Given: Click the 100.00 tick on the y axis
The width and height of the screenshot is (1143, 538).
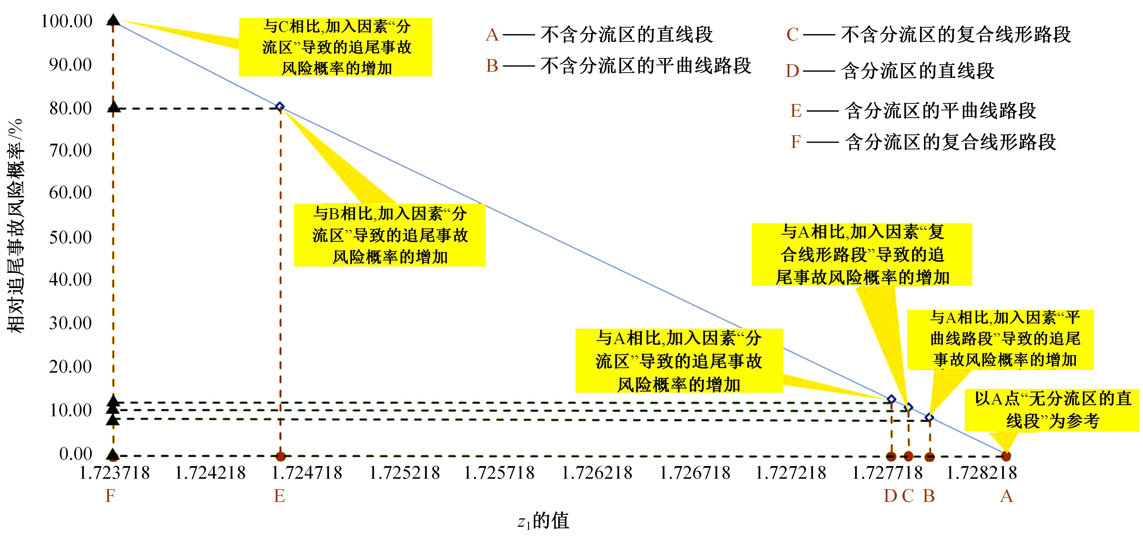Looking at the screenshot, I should coord(66,21).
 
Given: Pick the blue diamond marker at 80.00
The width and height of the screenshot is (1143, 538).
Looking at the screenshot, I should coord(279,107).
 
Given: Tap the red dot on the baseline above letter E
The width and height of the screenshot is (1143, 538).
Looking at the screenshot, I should coord(280,456).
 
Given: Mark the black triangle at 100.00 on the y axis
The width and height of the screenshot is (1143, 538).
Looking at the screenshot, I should coord(113,20).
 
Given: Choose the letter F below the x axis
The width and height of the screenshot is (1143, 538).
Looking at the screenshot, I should coord(110,496).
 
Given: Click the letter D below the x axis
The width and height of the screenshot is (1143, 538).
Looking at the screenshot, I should coord(890,496).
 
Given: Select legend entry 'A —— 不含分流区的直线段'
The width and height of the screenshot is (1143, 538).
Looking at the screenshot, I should coord(599,35).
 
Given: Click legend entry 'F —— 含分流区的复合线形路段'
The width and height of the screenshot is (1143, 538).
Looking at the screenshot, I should coord(923,142).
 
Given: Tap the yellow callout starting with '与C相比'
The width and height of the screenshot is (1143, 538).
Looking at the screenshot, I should coord(335,47).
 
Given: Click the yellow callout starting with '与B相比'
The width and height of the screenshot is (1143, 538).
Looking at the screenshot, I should coord(389,235).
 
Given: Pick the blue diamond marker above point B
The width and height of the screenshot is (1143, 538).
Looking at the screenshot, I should coord(929,417).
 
